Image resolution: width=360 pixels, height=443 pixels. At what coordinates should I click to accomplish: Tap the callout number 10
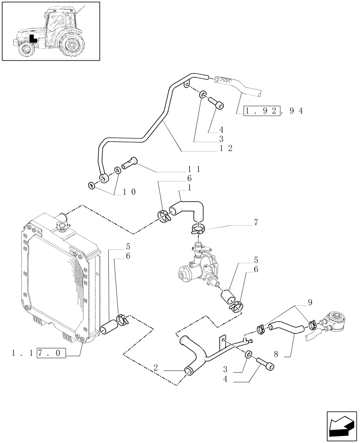pyautogui.click(x=129, y=192)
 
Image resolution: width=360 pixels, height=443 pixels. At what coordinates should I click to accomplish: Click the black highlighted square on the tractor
pyautogui.click(x=32, y=39)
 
